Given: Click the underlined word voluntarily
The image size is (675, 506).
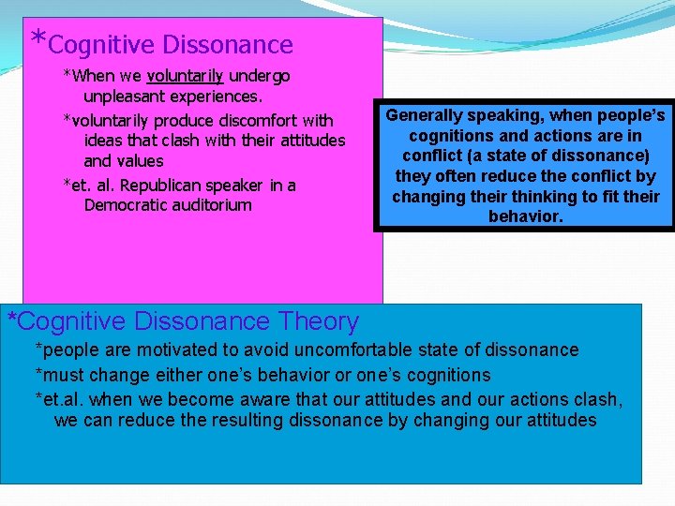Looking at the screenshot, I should pos(185,76).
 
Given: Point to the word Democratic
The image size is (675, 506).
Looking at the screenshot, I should pos(127,205).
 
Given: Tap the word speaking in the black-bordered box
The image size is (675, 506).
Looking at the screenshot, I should pos(510,116).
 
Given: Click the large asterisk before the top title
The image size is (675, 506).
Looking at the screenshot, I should pos(37,39).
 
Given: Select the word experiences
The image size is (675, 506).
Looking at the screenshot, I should pos(217,97).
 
